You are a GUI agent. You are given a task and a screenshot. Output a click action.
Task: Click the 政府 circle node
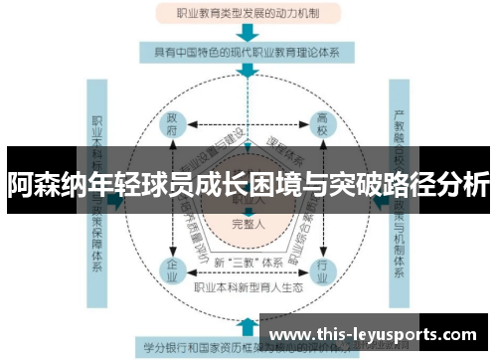point(172,123)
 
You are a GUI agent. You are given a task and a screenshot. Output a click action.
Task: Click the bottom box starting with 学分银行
point(199,348)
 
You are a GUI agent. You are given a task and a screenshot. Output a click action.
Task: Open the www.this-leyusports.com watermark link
point(376,333)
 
